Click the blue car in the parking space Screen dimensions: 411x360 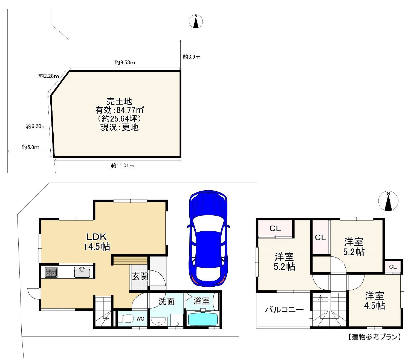pyautogui.click(x=208, y=238)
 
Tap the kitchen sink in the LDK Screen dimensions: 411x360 pyautogui.click(x=82, y=272)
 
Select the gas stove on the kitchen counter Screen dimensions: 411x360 pyautogui.click(x=51, y=272)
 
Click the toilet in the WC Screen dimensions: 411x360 pyautogui.click(x=125, y=318)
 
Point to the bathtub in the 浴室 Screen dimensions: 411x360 pyautogui.click(x=203, y=319)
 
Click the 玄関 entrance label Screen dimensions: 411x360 pyautogui.click(x=140, y=277)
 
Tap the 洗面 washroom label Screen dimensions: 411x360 pyautogui.click(x=167, y=301)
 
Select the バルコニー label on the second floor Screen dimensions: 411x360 pyautogui.click(x=284, y=310)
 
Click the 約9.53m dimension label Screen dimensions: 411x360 pyautogui.click(x=125, y=62)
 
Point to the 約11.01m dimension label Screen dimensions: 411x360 pyautogui.click(x=123, y=166)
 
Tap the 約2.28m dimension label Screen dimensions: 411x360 pyautogui.click(x=49, y=76)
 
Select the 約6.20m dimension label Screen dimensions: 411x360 pyautogui.click(x=36, y=126)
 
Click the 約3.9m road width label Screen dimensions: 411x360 pyautogui.click(x=192, y=57)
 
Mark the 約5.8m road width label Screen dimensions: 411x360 pyautogui.click(x=31, y=147)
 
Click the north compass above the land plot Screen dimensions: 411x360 pyautogui.click(x=196, y=21)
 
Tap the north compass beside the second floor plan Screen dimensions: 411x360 pyautogui.click(x=388, y=201)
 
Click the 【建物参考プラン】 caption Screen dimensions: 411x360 pyautogui.click(x=374, y=337)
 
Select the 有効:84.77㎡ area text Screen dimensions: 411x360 pyautogui.click(x=119, y=110)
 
